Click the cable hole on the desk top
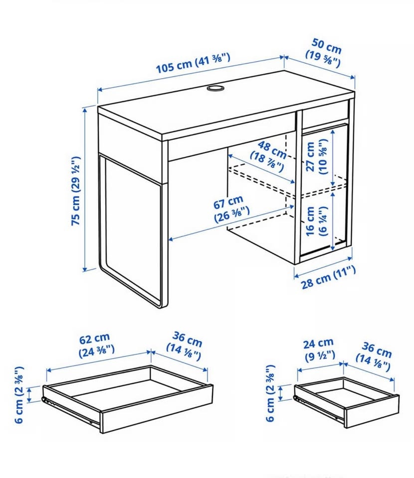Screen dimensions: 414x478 pyautogui.click(x=215, y=88)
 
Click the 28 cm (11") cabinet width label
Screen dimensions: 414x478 pyautogui.click(x=329, y=277)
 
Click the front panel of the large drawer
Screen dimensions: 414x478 pyautogui.click(x=156, y=409)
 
